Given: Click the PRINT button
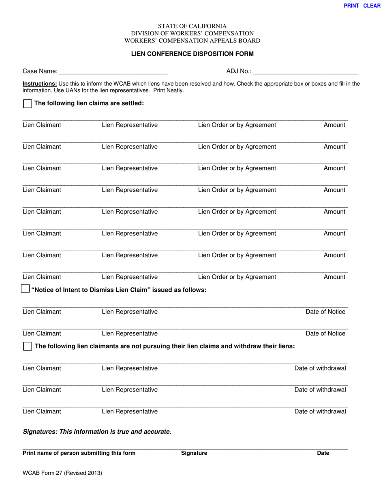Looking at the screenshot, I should tap(351, 6).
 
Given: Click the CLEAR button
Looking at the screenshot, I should tap(372, 6).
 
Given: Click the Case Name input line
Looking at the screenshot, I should tap(113, 71).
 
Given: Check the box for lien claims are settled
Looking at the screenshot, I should tap(27, 104).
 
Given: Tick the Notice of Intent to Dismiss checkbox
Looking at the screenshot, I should tap(25, 289).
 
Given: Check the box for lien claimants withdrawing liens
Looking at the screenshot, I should tap(27, 346).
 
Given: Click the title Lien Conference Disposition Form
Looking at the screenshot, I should tap(192, 54).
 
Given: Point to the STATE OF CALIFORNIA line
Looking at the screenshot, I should tap(192, 26).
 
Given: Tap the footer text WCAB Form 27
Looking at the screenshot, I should tap(62, 473).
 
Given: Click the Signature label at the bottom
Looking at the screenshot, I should tap(194, 453).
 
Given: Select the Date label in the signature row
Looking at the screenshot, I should tap(323, 453).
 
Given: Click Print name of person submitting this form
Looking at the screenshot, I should tap(79, 453).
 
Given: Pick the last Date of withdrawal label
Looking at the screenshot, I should tap(320, 411).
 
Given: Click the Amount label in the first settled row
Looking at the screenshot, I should tap(334, 125).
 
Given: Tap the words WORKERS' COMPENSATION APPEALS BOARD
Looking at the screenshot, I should tap(192, 41).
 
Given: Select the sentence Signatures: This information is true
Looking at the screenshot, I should tap(97, 432).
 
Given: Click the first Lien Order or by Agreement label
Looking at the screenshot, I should tap(237, 125).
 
